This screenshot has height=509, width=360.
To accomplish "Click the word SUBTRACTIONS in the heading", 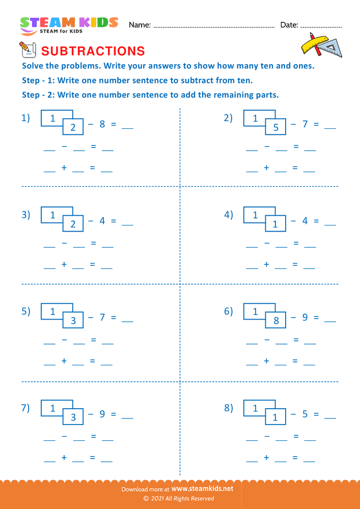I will [93, 51].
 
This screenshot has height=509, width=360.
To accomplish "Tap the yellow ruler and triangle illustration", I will [321, 45].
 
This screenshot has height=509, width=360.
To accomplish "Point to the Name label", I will [140, 25].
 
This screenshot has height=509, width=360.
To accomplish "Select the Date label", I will [289, 25].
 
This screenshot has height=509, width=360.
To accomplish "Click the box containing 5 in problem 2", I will [275, 127].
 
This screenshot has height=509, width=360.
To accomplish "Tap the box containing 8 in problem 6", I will [275, 321].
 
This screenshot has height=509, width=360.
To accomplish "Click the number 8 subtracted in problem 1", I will [102, 124].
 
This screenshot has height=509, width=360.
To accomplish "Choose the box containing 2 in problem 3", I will [73, 224].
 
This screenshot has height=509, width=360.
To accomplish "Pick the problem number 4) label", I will [229, 215].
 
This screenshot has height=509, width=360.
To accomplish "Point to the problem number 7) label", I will [25, 408].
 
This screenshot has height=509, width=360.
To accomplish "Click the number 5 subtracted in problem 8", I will [305, 414].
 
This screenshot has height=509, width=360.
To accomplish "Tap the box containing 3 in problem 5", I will [73, 321].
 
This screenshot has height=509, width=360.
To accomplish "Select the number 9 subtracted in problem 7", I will [102, 414].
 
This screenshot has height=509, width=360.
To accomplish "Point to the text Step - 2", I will [39, 95].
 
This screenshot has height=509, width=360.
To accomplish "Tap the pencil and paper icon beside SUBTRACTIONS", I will [26, 50].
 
